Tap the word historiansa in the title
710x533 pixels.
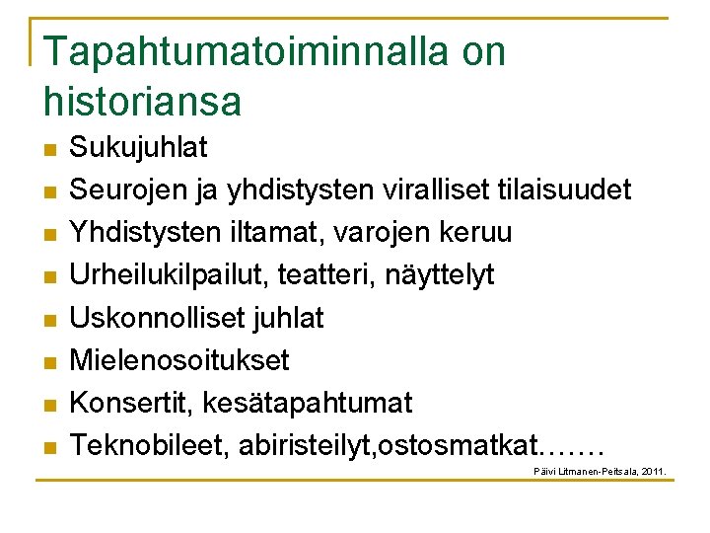(x=142, y=100)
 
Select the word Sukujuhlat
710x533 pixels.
(x=138, y=148)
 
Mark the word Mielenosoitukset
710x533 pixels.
(x=179, y=360)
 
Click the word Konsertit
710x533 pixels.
(x=133, y=403)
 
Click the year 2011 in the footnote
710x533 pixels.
(x=652, y=473)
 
